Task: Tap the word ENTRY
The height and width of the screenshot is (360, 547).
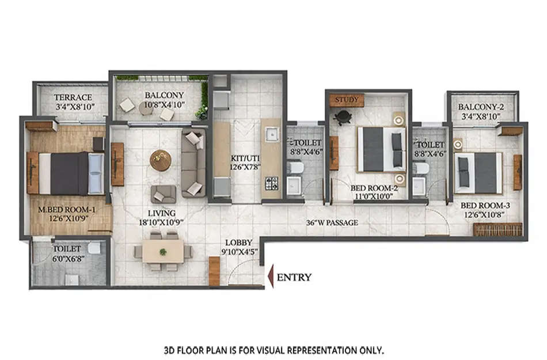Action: point(294,277)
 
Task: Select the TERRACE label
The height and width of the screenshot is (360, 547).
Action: point(73,97)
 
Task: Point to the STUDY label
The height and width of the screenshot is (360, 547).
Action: point(347,100)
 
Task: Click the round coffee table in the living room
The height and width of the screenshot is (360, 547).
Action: point(160,160)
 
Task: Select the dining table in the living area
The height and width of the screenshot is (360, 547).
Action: point(163,251)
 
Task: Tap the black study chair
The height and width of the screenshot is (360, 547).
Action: point(343,118)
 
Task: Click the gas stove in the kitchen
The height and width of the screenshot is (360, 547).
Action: point(271,183)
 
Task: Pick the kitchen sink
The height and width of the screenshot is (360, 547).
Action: point(271,135)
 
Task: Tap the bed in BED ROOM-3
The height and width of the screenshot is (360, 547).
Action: point(478,172)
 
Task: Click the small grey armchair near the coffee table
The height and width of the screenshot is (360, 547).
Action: point(164,194)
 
